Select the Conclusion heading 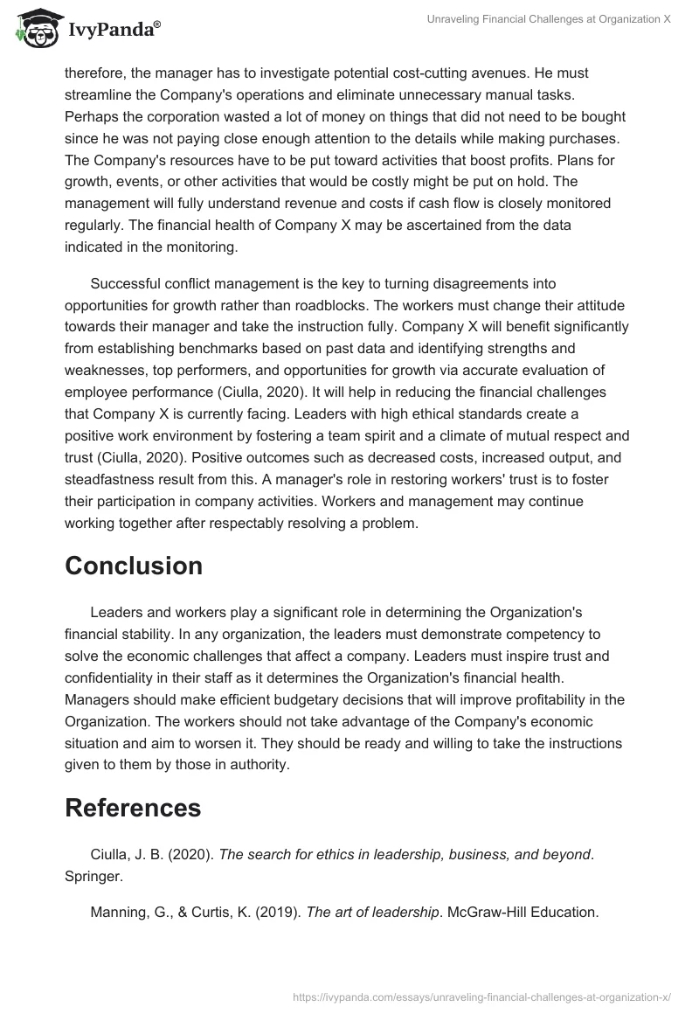[134, 566]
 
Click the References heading [133, 808]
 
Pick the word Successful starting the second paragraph [128, 283]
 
